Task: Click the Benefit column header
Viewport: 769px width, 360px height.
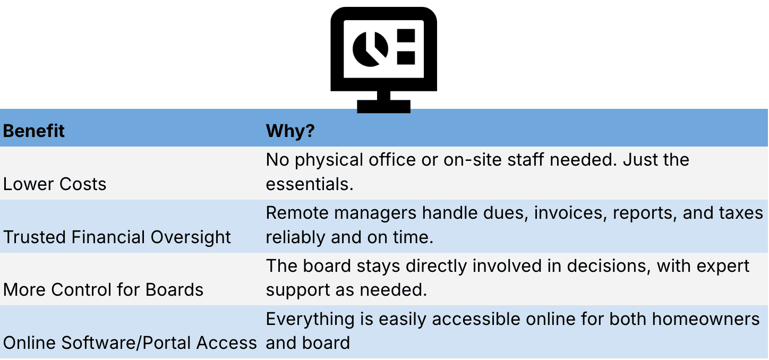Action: (x=34, y=131)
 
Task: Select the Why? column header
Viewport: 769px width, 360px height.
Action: (x=290, y=131)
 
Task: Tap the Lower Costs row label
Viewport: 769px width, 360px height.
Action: (x=55, y=184)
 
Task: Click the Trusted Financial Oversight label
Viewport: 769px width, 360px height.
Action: (x=117, y=237)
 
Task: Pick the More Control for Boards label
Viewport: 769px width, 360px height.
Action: (x=104, y=290)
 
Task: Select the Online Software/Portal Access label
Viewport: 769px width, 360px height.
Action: (x=130, y=343)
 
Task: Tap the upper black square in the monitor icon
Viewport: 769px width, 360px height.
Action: (x=406, y=36)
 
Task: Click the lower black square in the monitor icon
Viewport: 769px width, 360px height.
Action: (x=406, y=57)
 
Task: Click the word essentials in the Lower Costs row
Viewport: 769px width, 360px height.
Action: (x=309, y=184)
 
